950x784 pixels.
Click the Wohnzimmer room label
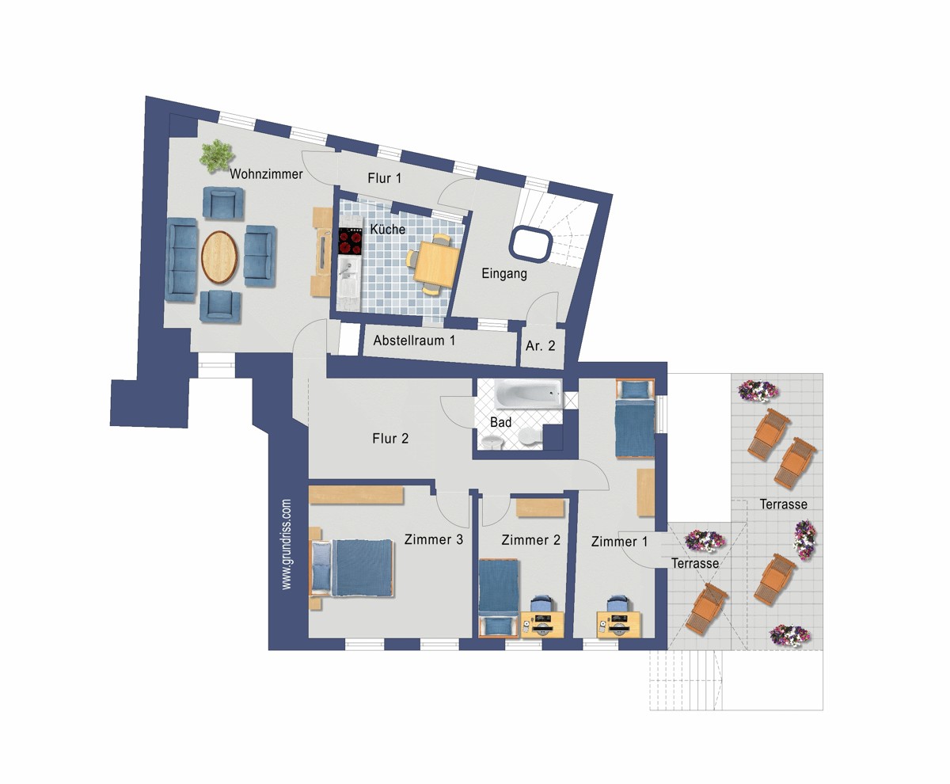coord(266,174)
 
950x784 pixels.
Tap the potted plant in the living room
coord(216,156)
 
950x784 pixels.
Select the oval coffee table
coord(220,257)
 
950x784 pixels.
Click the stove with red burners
coord(350,241)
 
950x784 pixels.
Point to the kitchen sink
coord(349,273)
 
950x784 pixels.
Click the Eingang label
coord(504,274)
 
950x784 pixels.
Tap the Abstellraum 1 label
coord(414,340)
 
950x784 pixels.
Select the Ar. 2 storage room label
coord(540,345)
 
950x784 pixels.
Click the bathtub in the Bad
coord(528,394)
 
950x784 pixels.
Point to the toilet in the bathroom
coord(530,436)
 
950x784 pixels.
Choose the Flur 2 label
coord(390,439)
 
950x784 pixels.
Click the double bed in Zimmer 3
coord(351,568)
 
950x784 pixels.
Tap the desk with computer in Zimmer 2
coord(542,625)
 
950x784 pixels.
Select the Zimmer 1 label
coord(619,542)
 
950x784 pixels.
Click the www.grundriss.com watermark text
coord(286,545)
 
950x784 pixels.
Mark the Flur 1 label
coord(385,178)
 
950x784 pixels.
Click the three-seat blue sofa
coord(182,260)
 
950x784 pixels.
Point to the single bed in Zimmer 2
coord(499,597)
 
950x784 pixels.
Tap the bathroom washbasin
coord(492,441)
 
